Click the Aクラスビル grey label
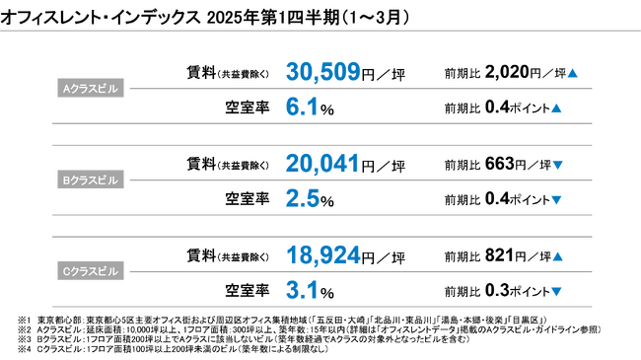pyautogui.click(x=90, y=89)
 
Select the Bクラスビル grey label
pyautogui.click(x=90, y=180)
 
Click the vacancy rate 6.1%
pyautogui.click(x=305, y=108)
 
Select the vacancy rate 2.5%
pyautogui.click(x=305, y=199)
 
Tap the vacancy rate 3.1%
pyautogui.click(x=305, y=291)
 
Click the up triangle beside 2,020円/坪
pyautogui.click(x=572, y=73)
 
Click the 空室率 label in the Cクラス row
pyautogui.click(x=249, y=291)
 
